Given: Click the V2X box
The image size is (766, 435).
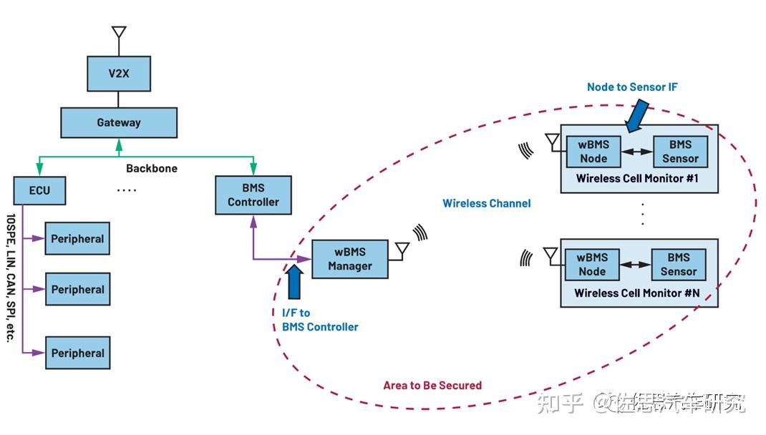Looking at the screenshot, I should click(x=119, y=74).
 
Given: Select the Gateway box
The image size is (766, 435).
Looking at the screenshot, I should click(x=119, y=122).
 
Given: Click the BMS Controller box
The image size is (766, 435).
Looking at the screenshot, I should click(x=253, y=195).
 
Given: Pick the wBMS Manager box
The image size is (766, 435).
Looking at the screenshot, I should click(x=349, y=258).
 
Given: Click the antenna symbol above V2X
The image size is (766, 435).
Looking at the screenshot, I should click(x=119, y=34).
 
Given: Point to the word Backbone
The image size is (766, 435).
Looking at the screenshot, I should click(x=151, y=169).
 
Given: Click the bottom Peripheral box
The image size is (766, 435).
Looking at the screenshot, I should click(x=77, y=353).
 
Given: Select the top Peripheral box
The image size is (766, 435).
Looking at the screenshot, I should click(x=77, y=239).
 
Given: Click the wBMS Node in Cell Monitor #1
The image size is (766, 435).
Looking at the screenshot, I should click(x=593, y=152).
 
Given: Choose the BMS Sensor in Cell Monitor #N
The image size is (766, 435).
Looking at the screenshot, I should click(x=678, y=264).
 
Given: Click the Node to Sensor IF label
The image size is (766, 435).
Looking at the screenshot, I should click(x=632, y=87).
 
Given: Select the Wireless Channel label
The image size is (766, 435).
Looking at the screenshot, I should click(x=486, y=203).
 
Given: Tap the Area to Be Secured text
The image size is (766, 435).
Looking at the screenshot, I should click(x=432, y=385).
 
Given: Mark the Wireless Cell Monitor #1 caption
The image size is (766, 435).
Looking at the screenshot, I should click(x=638, y=178).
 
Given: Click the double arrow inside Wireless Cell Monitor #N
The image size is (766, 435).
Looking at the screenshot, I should click(x=635, y=265).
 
